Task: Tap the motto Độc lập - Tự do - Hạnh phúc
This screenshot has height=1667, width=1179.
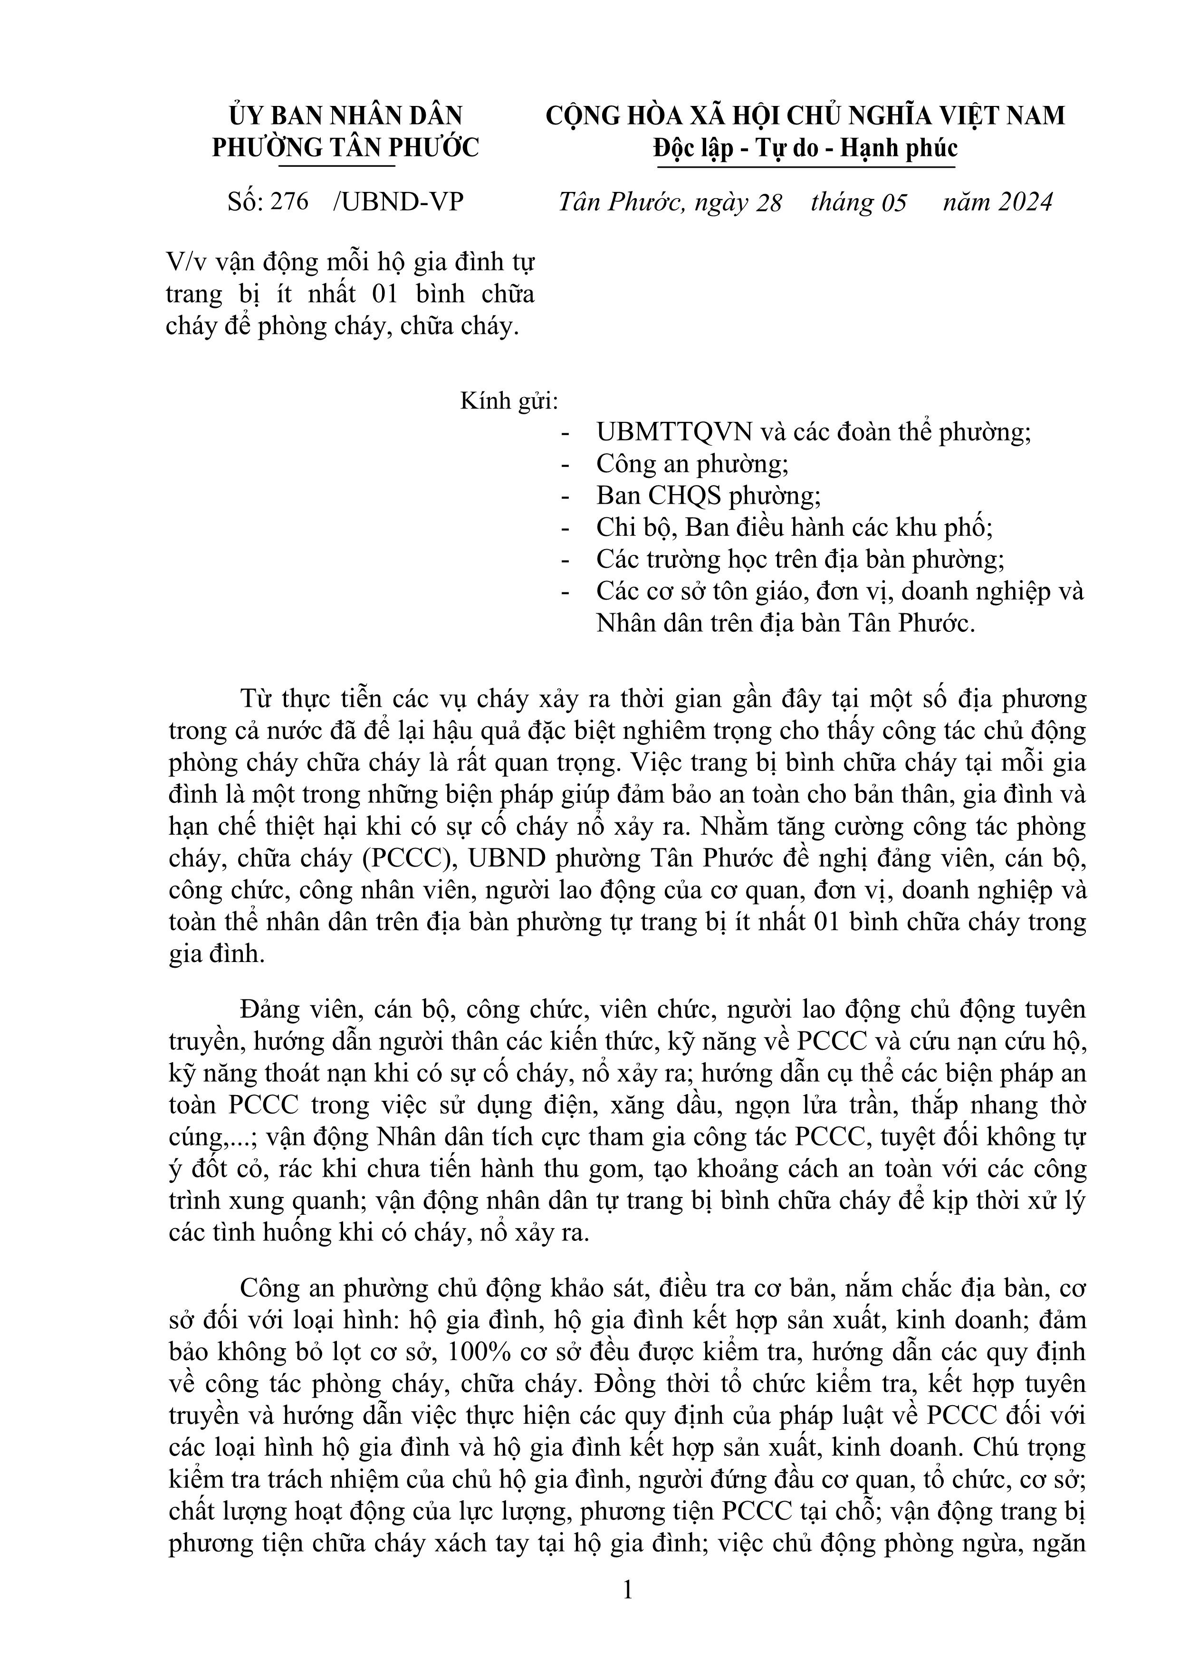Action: pos(805,148)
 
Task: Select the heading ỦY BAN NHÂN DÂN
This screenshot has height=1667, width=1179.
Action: pos(345,116)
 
